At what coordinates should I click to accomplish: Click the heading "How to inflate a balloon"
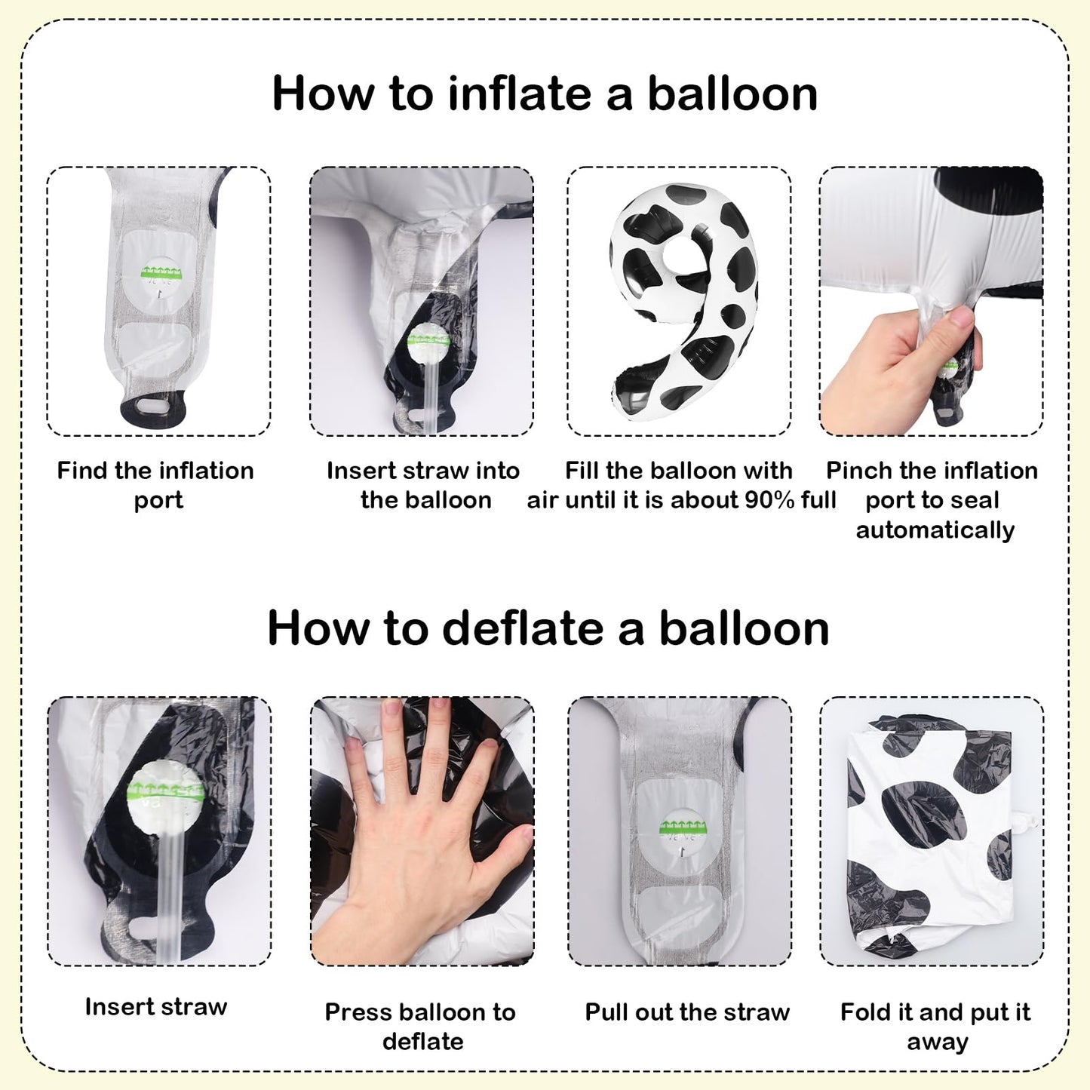click(x=545, y=94)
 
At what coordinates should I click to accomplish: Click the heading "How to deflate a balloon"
click(x=548, y=628)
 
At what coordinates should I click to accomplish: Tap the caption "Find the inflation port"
click(x=155, y=485)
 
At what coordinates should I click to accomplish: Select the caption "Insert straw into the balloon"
click(x=424, y=485)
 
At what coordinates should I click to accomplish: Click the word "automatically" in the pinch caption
click(x=935, y=530)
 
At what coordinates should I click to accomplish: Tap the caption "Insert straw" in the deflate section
click(x=155, y=1008)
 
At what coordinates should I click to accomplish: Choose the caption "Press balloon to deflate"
click(x=420, y=1027)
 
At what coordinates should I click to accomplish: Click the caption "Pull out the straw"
click(x=687, y=1012)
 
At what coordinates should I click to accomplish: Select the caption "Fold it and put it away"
click(x=935, y=1027)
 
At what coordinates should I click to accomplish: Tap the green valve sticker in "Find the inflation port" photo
click(x=161, y=272)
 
